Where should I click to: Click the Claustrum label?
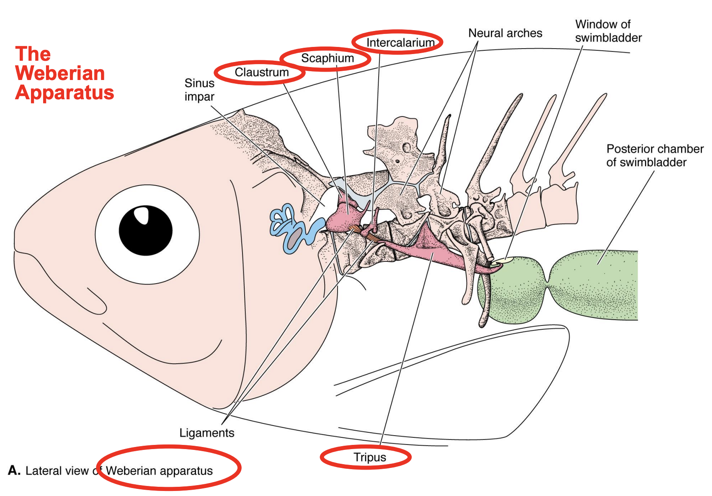261,72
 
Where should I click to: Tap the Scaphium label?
327,58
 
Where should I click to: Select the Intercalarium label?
400,42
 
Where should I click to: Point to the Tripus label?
369,457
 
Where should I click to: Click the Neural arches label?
505,33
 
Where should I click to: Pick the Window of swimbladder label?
608,31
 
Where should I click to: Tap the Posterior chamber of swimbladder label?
654,155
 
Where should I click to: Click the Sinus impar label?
199,90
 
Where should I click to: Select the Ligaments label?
206,433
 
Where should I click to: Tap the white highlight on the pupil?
142,215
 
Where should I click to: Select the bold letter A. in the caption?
14,470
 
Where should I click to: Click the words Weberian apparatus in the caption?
159,471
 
